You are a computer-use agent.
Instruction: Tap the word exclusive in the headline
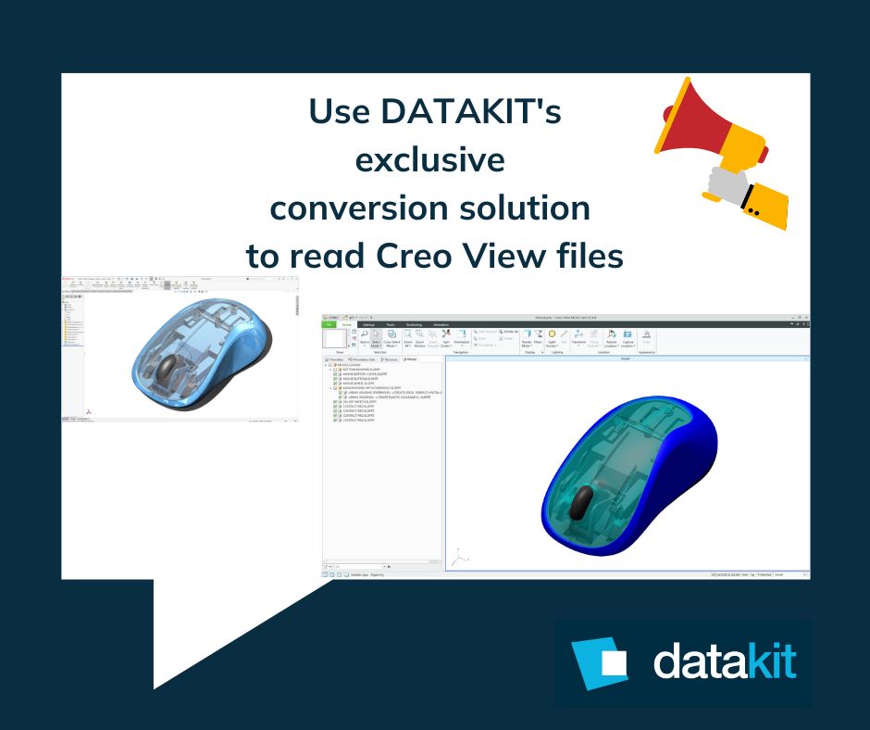[430, 159]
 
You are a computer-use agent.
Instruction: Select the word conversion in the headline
[363, 208]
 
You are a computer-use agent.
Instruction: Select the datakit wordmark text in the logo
[724, 661]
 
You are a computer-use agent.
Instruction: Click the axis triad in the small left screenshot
[88, 410]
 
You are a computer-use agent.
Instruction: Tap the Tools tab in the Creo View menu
[391, 324]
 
